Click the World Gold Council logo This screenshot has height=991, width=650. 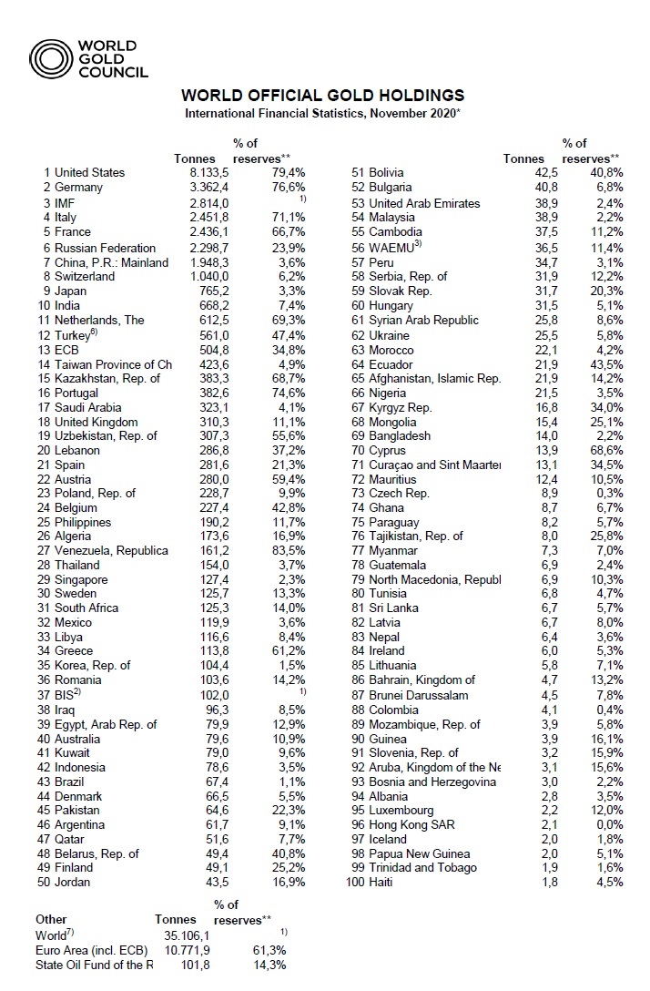coord(88,58)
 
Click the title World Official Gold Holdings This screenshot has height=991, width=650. coord(323,96)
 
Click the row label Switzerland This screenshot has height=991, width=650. coord(88,276)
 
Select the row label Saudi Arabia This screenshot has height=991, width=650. coord(88,407)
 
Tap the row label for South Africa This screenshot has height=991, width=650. coord(89,608)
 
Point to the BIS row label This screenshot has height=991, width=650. coord(69,693)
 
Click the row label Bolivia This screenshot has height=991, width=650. coord(386,172)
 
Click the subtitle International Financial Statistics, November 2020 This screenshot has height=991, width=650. coord(323,113)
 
